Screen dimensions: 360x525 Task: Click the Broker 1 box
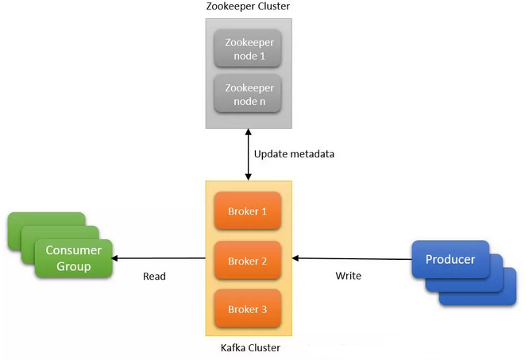[x=249, y=211]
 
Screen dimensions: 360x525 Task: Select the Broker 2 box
[x=249, y=261]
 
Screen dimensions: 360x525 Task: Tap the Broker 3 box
[x=249, y=310]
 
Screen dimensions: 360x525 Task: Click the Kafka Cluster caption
[x=249, y=348]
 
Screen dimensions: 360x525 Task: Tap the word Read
[x=154, y=277]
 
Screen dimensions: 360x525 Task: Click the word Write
[x=348, y=276]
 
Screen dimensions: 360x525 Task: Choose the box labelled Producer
[x=451, y=261]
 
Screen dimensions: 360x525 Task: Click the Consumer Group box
[x=73, y=258]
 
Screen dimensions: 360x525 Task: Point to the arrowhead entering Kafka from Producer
[x=296, y=257]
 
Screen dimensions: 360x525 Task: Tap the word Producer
[x=451, y=260]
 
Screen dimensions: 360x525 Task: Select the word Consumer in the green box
[x=73, y=250]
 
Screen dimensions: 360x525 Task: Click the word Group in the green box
[x=73, y=266]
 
